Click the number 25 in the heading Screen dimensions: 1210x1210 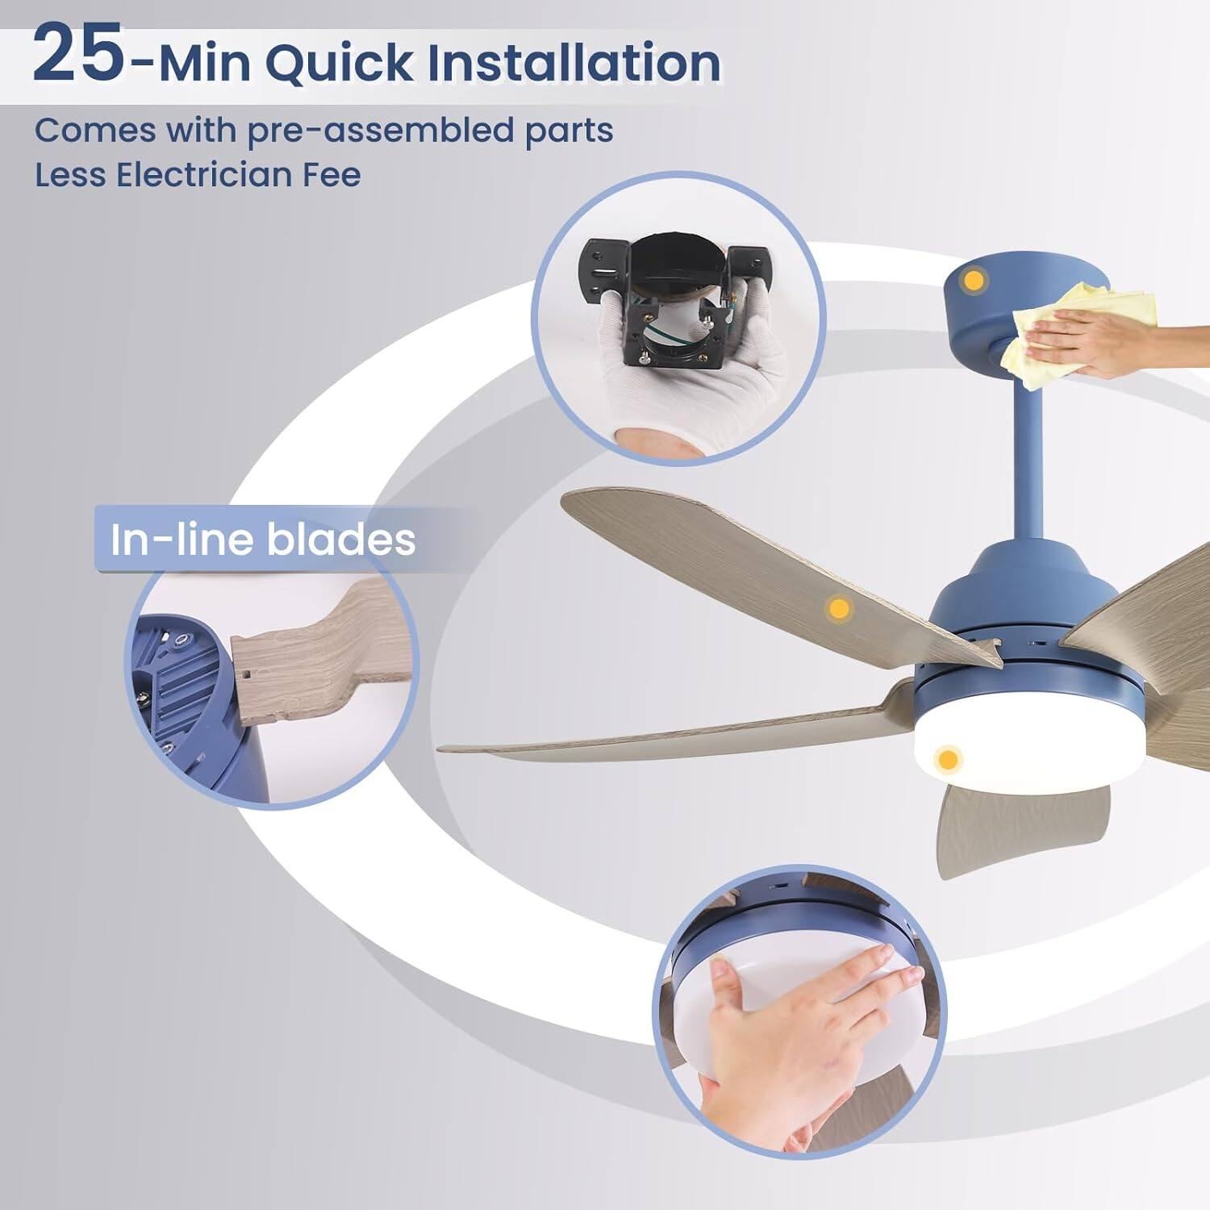[78, 55]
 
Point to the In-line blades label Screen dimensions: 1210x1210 [263, 540]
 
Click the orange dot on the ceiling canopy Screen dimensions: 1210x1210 [974, 282]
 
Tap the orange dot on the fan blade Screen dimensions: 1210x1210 [839, 608]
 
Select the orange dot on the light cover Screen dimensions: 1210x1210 [949, 759]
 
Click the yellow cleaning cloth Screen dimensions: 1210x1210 [1073, 323]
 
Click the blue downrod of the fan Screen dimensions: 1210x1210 [1028, 468]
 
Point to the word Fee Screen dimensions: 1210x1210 [332, 174]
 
